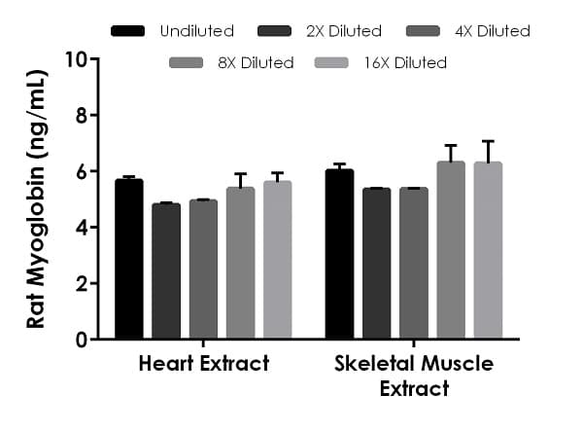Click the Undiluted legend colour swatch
coord(128,31)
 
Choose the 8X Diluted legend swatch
coord(186,63)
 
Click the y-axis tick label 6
coord(83,171)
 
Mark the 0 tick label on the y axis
coord(83,340)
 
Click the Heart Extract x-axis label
coord(203,365)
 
